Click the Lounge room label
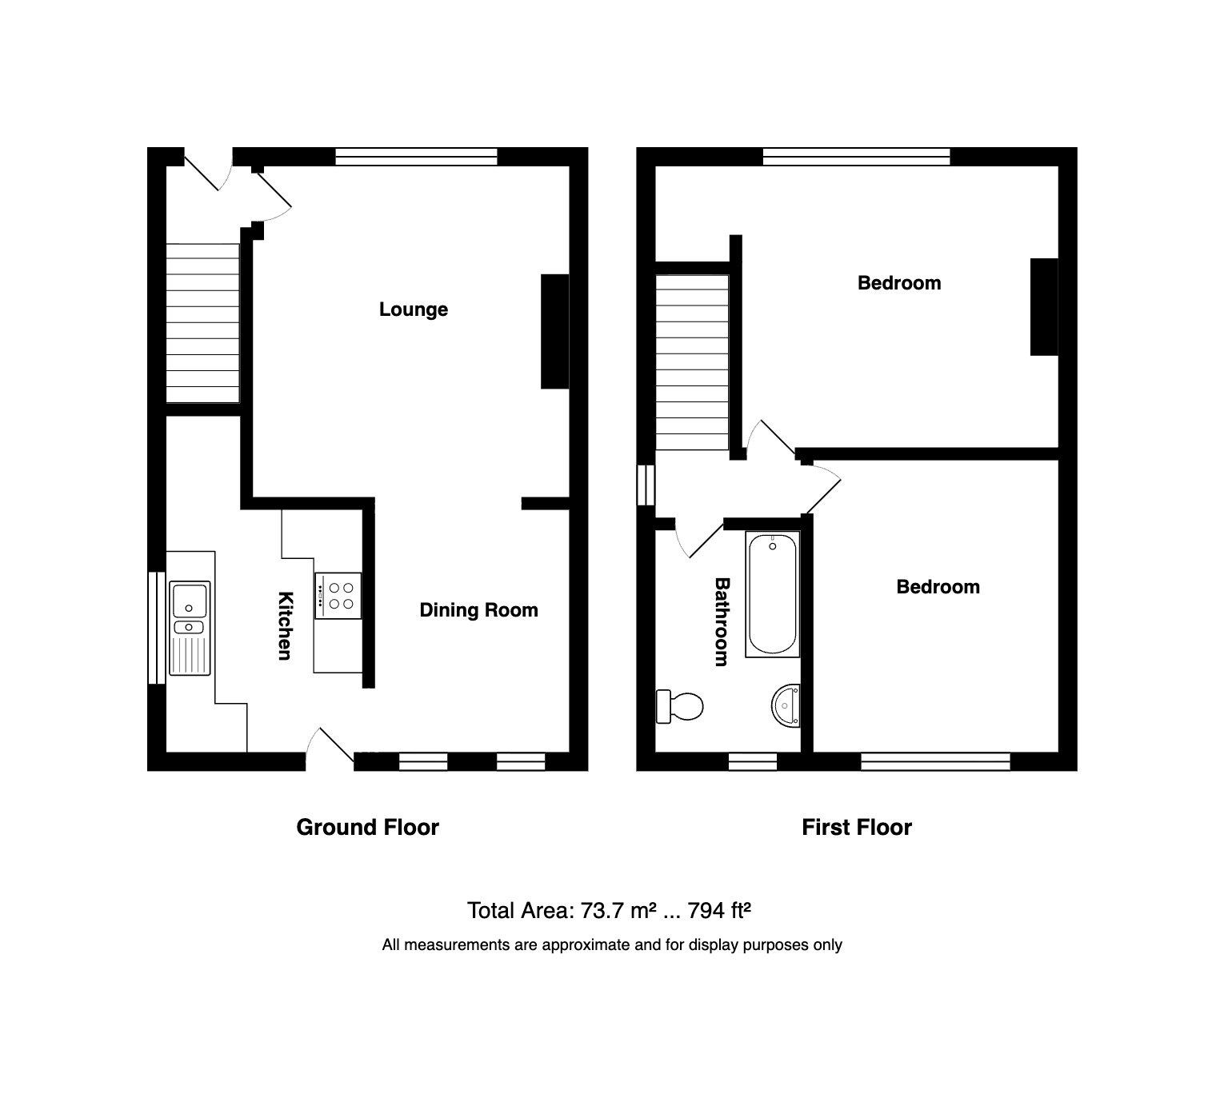tap(413, 309)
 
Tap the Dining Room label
tap(478, 610)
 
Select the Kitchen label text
tap(283, 625)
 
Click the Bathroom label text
tap(722, 622)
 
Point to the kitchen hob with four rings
tap(338, 596)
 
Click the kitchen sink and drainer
tap(190, 629)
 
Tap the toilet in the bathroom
tap(679, 706)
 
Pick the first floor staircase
tap(692, 362)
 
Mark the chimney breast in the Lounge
tap(554, 331)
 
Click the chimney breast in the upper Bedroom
tap(1043, 306)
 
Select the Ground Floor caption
tap(367, 827)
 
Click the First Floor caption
tap(856, 827)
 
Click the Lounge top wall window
tap(416, 157)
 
